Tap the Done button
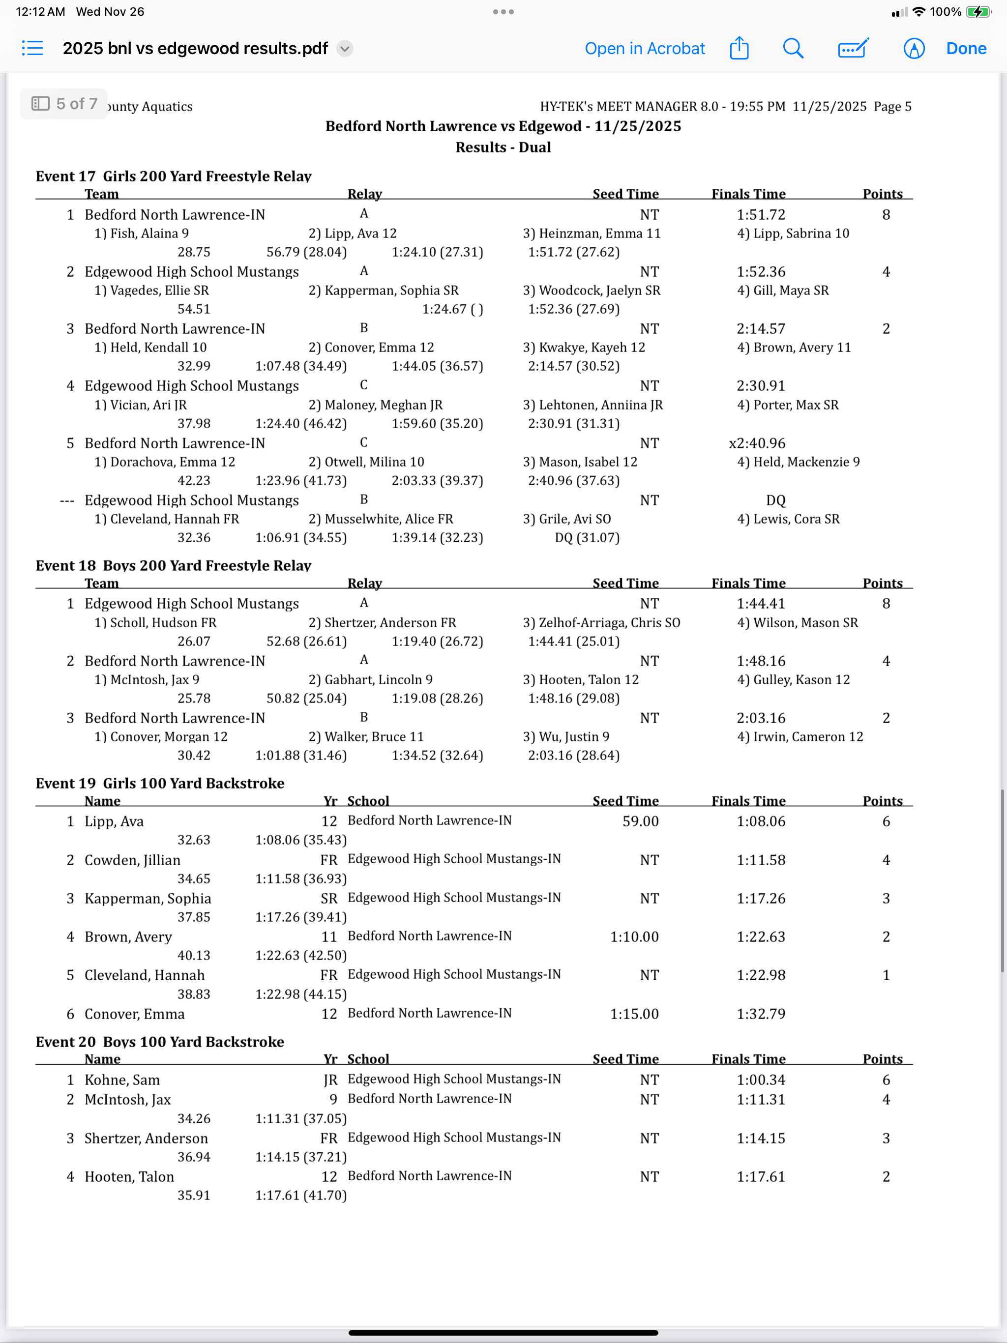(x=966, y=49)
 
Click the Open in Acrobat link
(x=645, y=49)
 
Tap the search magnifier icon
(x=793, y=49)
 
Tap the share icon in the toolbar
(x=739, y=48)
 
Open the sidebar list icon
(x=33, y=48)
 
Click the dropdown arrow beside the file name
(x=345, y=49)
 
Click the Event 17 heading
(x=173, y=176)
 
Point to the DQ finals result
(x=775, y=500)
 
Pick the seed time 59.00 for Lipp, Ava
(x=640, y=821)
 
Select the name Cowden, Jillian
(x=132, y=860)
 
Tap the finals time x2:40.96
(x=757, y=443)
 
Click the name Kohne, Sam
(x=122, y=1080)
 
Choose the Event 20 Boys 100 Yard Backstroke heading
(x=160, y=1042)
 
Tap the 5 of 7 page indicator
(x=64, y=104)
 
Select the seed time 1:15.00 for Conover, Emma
(x=634, y=1014)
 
